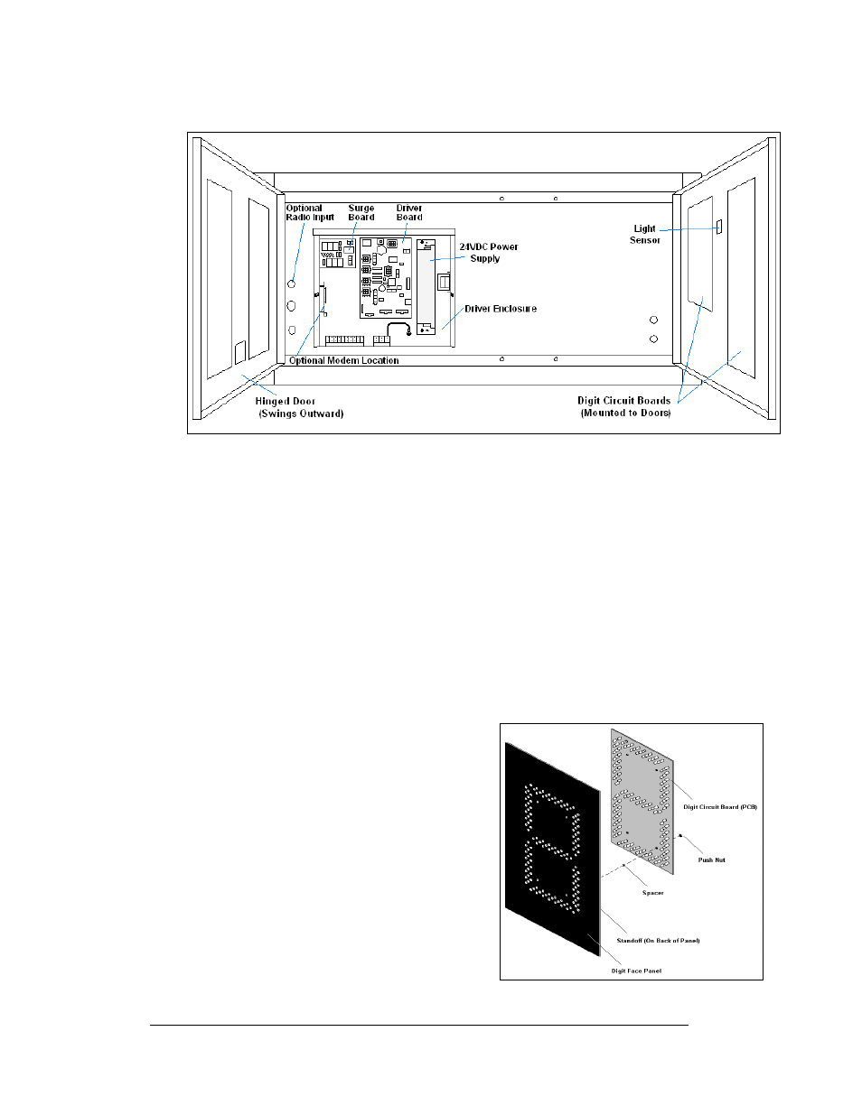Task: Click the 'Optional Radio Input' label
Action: pyautogui.click(x=310, y=212)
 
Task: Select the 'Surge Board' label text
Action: pyautogui.click(x=361, y=212)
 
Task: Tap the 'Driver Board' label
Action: pyautogui.click(x=409, y=212)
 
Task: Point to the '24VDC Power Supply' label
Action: pyautogui.click(x=488, y=253)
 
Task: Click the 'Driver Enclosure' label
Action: pyautogui.click(x=501, y=309)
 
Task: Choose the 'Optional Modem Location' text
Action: pyautogui.click(x=343, y=360)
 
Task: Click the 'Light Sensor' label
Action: pyautogui.click(x=644, y=234)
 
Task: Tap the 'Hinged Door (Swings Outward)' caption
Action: pyautogui.click(x=300, y=407)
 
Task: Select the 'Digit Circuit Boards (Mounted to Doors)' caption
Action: pyautogui.click(x=623, y=406)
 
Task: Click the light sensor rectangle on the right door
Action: pyautogui.click(x=718, y=227)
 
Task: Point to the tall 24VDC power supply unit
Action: pyautogui.click(x=426, y=287)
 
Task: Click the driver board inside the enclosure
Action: pyautogui.click(x=385, y=277)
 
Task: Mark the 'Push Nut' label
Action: pyautogui.click(x=711, y=859)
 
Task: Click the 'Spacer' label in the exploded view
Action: pyautogui.click(x=652, y=892)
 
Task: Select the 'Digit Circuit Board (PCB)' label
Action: pyautogui.click(x=720, y=806)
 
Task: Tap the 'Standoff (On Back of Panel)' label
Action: pyautogui.click(x=658, y=940)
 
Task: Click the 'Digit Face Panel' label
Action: pyautogui.click(x=636, y=971)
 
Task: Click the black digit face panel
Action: pyautogui.click(x=552, y=850)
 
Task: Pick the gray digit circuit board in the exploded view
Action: pyautogui.click(x=642, y=801)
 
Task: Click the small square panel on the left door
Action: pyautogui.click(x=239, y=353)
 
